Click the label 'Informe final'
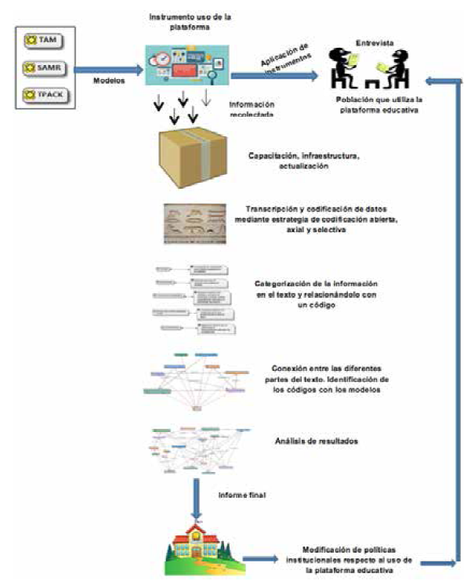[242, 495]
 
